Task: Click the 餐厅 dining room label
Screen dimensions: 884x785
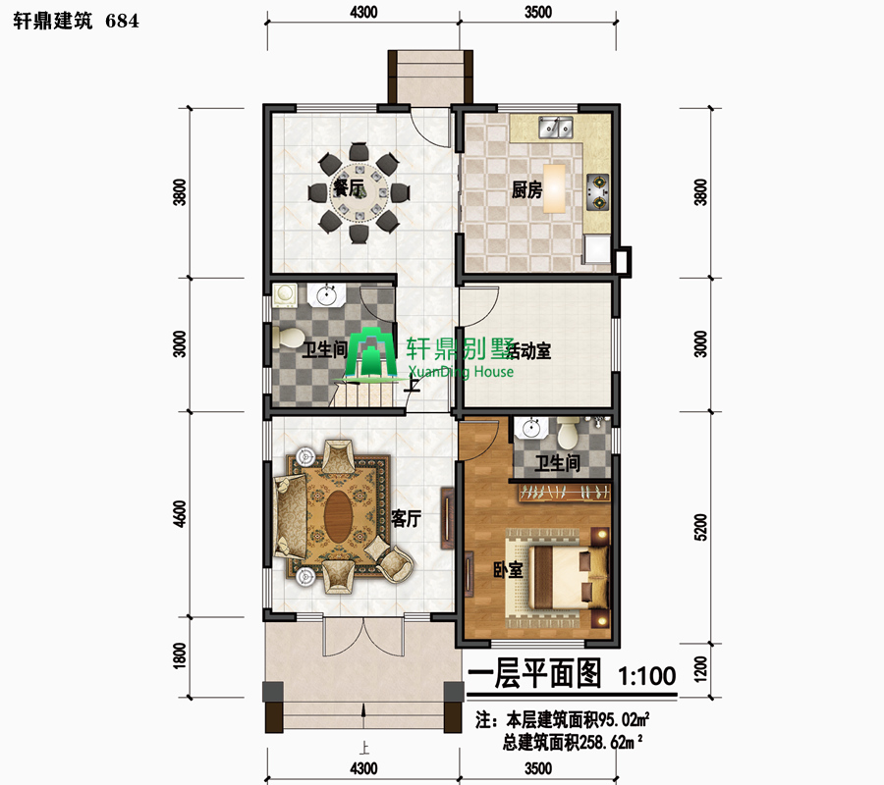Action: tap(349, 187)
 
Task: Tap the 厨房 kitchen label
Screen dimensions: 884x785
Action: tap(526, 189)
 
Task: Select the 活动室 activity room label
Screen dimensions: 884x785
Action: tap(528, 351)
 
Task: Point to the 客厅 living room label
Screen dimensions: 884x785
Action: tap(407, 519)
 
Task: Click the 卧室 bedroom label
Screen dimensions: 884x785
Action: tap(508, 570)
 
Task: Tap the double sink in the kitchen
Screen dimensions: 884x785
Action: tap(555, 128)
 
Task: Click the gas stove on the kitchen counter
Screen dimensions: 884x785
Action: tap(597, 191)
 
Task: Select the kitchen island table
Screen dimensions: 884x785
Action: tap(554, 188)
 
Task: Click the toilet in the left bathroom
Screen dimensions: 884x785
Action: tap(288, 338)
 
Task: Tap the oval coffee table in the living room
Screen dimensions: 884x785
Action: tap(338, 517)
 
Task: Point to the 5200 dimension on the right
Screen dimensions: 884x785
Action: tap(699, 527)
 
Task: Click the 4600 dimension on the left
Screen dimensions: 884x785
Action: tap(180, 513)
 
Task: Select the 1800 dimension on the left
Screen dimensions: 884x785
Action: tap(180, 655)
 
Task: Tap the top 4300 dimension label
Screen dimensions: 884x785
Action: tap(363, 12)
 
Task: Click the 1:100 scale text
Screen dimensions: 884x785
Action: tap(647, 676)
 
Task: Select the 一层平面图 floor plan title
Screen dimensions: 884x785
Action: tap(535, 673)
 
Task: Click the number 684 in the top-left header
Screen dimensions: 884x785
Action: tap(122, 21)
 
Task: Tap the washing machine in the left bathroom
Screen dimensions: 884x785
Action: tap(285, 295)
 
